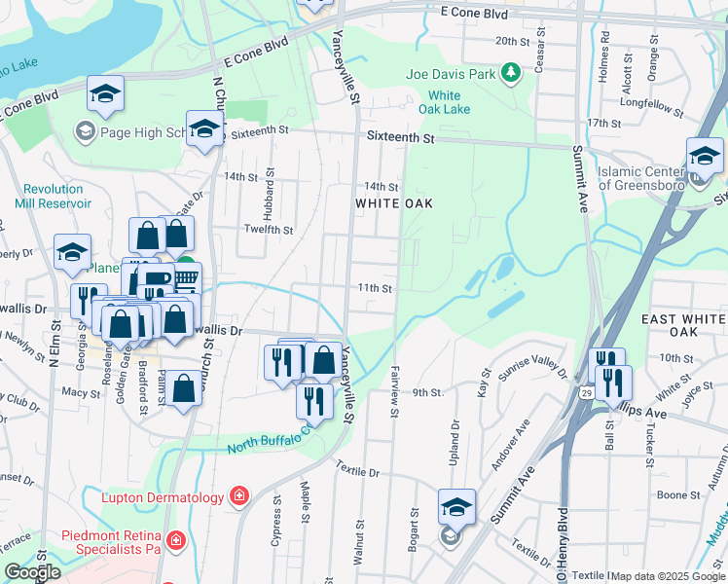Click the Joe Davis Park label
(450, 73)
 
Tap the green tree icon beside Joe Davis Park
(509, 73)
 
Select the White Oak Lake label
(445, 102)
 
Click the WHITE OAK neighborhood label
(393, 203)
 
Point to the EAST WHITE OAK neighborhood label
(684, 325)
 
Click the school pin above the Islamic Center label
(705, 156)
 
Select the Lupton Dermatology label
(164, 497)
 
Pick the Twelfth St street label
(268, 230)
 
